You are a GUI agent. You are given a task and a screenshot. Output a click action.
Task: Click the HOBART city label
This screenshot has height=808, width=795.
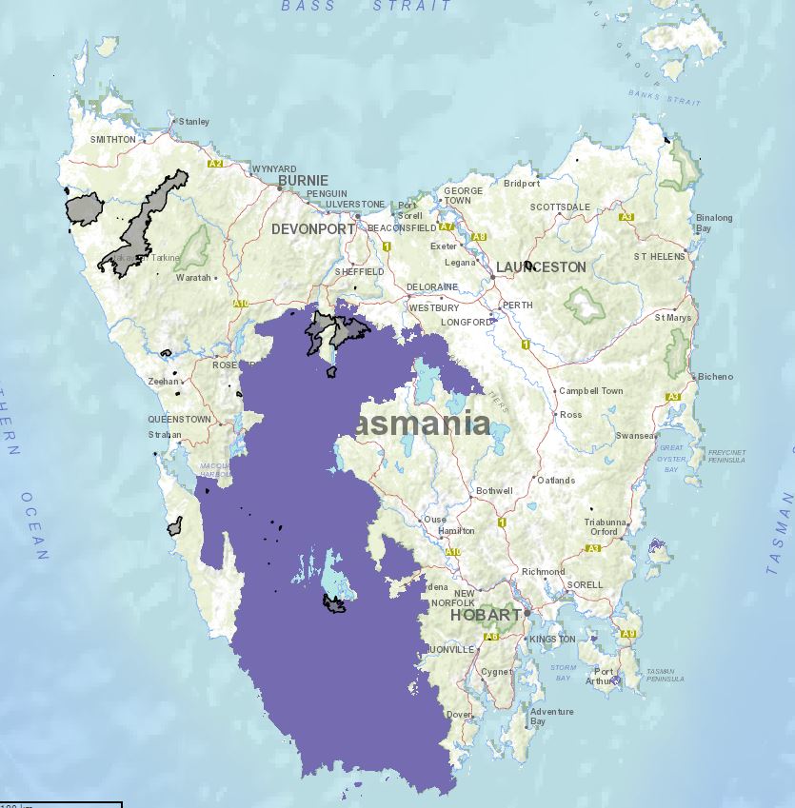485,615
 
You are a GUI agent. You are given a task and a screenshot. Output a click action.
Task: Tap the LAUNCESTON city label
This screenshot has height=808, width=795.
541,267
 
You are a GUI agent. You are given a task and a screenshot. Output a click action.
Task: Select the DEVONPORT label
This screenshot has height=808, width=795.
312,229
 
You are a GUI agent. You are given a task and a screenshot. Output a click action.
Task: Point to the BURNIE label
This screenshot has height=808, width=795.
303,180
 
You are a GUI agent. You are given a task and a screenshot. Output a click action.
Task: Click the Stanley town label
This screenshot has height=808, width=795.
193,122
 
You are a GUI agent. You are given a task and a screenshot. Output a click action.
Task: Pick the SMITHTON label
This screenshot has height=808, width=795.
112,139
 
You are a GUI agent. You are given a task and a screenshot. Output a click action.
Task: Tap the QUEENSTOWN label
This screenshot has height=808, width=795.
179,419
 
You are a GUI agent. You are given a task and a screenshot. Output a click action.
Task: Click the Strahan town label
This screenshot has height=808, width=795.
164,435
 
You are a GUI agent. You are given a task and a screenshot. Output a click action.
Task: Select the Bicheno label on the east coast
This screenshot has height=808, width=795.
715,377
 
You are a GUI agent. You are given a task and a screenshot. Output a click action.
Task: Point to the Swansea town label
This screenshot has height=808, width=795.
635,436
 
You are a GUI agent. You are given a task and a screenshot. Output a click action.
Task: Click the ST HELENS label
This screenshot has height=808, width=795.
660,257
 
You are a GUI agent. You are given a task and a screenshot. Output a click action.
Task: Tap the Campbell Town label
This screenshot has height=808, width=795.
590,391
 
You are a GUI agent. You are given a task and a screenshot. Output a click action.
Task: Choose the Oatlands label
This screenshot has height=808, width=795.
556,481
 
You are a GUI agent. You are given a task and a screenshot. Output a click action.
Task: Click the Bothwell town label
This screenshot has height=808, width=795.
494,491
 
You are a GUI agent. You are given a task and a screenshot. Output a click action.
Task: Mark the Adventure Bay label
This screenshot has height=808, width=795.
552,717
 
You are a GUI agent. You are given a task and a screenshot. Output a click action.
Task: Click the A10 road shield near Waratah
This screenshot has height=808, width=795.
241,304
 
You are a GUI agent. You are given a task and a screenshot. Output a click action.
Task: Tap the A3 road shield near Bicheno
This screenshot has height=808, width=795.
674,396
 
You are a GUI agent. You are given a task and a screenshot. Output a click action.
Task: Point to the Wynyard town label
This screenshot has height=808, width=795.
273,168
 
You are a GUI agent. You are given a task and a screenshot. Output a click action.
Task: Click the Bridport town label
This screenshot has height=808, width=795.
521,184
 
